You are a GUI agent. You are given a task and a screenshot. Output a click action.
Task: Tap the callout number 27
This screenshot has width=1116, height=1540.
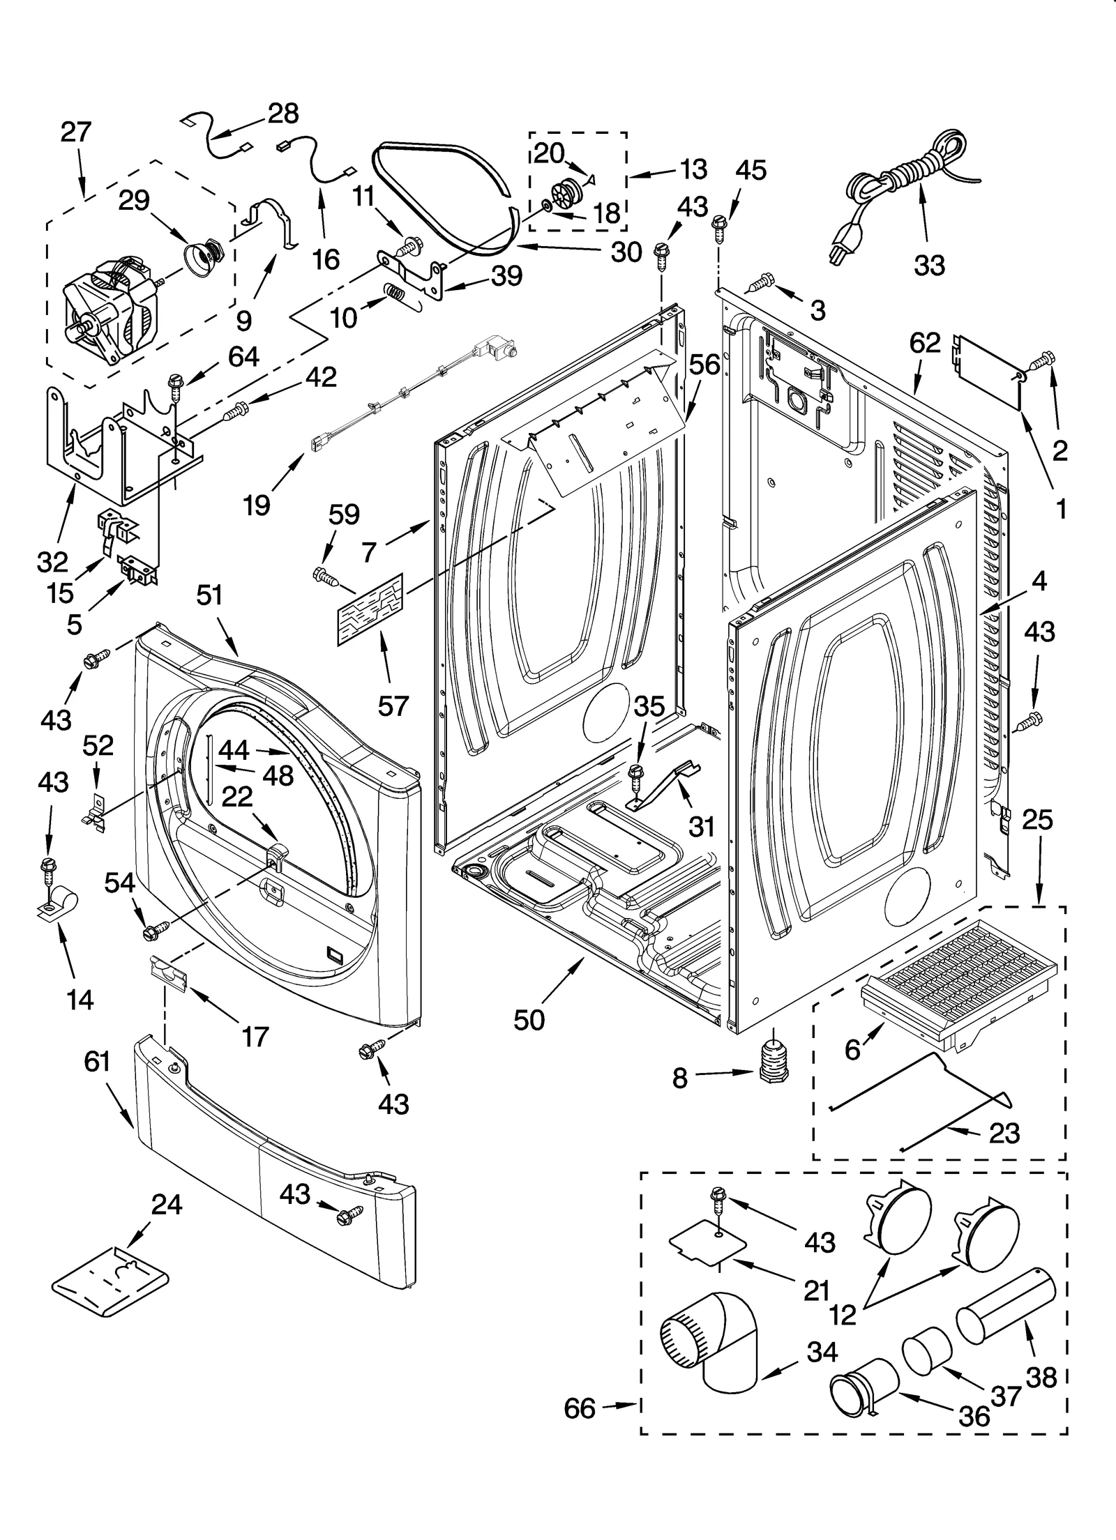coord(75,132)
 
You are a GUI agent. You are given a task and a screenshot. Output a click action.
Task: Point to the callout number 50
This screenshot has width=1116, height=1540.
coord(529,1020)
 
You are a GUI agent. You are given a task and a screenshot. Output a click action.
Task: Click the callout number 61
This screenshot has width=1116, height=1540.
coord(97,1062)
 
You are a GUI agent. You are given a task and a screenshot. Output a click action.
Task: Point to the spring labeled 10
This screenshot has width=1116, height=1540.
coord(394,292)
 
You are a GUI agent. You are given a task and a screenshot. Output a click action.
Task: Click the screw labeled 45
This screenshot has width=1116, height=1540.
coord(720,226)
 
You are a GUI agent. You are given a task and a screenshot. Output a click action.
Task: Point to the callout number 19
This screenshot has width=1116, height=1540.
coord(257,504)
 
